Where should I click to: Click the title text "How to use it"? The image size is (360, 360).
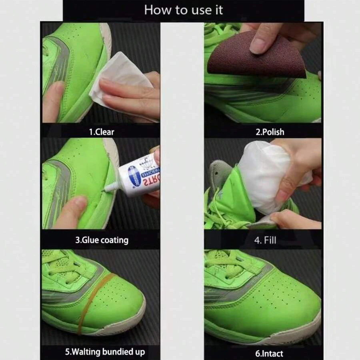(x=184, y=10)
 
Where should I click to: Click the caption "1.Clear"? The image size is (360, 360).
(x=102, y=132)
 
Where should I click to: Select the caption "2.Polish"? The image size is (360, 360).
(x=270, y=132)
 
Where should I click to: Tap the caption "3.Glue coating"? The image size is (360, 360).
(x=102, y=240)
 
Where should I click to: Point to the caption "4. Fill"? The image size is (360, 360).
(x=265, y=240)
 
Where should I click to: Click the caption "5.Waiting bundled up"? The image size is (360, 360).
(x=104, y=352)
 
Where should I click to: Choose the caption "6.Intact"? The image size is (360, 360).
(x=269, y=353)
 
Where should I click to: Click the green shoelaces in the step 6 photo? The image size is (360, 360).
(x=224, y=266)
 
